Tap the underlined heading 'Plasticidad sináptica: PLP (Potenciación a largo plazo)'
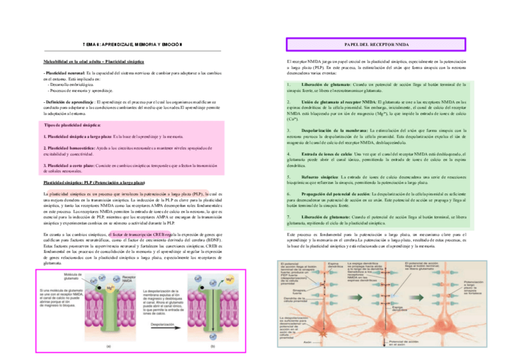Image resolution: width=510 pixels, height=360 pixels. coord(94,182)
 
